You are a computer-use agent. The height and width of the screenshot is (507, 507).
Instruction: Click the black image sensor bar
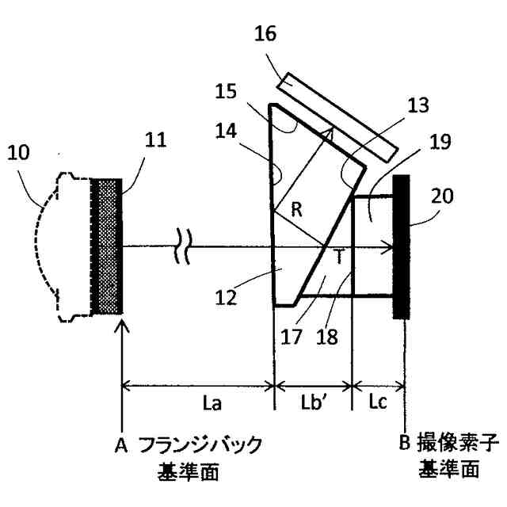(401, 246)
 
